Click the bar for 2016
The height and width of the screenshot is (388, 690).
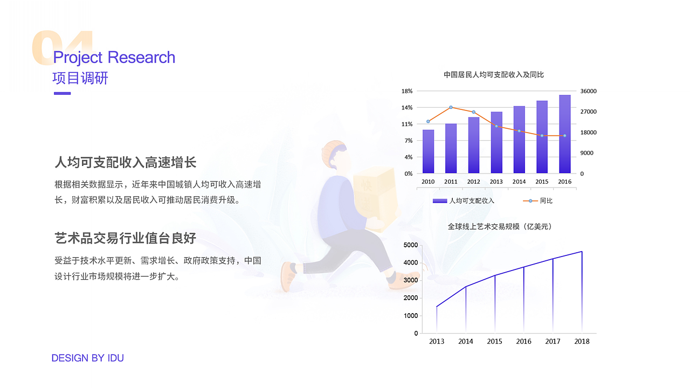click(564, 134)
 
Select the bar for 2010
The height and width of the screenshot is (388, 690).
click(428, 151)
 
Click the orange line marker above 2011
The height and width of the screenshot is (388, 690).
click(451, 107)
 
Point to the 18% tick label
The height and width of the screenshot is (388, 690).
click(407, 91)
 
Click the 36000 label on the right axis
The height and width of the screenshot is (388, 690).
click(588, 91)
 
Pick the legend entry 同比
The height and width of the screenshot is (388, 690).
click(546, 201)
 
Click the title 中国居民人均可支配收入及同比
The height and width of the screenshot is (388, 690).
click(493, 75)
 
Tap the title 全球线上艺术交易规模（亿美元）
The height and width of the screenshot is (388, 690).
click(500, 227)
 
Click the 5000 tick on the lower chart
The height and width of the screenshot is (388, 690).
click(411, 245)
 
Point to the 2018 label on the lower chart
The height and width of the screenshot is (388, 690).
click(582, 341)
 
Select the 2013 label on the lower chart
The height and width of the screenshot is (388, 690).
click(437, 341)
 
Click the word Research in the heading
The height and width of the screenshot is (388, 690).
click(141, 57)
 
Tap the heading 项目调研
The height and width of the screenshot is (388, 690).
click(80, 78)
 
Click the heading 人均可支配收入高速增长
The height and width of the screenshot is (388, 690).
click(125, 162)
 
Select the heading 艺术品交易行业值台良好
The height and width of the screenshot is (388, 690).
click(125, 238)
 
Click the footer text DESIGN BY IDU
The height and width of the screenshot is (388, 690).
click(87, 358)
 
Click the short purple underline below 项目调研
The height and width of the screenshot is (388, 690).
click(63, 93)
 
